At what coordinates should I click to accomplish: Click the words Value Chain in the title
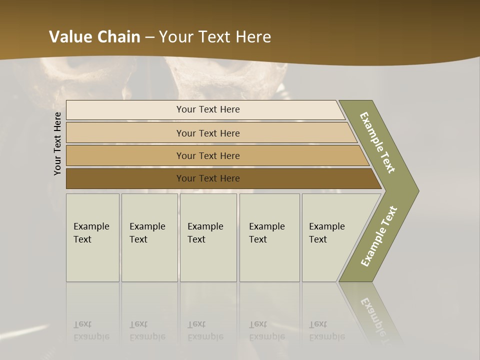point(94,37)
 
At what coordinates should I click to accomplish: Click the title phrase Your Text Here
point(215,37)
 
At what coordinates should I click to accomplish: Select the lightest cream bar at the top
point(207,109)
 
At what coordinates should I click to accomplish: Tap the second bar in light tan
point(207,133)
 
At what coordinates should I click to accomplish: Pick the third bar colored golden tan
point(207,155)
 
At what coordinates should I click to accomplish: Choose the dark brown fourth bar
point(207,178)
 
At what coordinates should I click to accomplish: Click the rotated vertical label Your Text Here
point(57,143)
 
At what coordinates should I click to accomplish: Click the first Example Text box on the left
point(92,237)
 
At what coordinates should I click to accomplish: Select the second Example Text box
point(149,237)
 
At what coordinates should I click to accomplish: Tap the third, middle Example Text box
point(208,237)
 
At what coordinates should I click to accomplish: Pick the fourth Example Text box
point(269,237)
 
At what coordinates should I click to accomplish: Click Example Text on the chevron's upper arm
point(378,142)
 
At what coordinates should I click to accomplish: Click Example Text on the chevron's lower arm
point(378,236)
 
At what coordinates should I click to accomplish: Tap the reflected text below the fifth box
point(326,330)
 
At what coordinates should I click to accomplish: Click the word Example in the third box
point(205,226)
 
